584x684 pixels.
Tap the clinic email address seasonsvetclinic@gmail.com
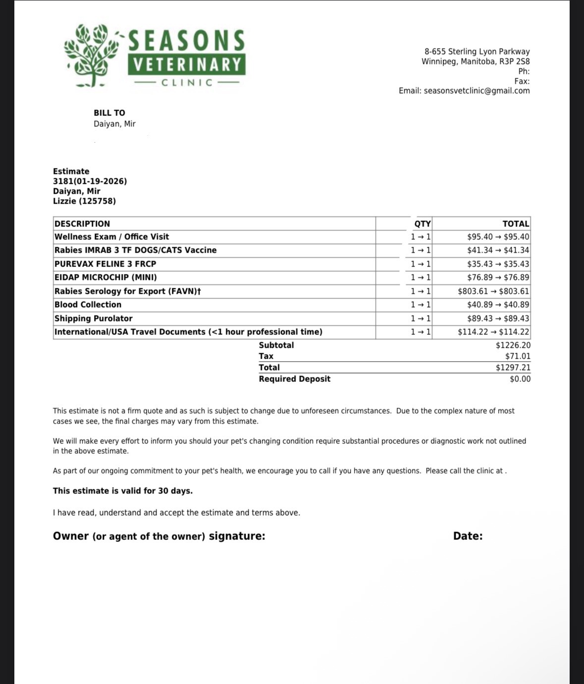tap(477, 91)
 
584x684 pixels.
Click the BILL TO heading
tap(109, 113)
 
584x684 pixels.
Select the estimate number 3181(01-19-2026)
tap(90, 181)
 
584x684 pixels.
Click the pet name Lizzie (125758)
tap(84, 201)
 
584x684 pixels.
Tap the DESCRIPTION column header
tap(82, 224)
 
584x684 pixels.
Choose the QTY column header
tap(422, 224)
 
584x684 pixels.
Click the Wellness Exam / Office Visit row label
tap(111, 237)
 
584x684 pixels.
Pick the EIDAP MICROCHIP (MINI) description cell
tap(106, 277)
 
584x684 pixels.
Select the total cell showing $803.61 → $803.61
tap(493, 291)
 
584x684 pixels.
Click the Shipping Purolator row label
tap(93, 318)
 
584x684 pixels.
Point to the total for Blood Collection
tap(498, 305)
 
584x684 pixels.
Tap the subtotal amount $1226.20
tap(513, 345)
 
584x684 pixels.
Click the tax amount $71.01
tap(518, 356)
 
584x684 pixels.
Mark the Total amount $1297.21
tap(513, 368)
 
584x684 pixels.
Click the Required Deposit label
tap(294, 379)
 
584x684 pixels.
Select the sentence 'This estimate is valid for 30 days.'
tap(123, 491)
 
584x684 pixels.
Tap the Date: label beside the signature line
tap(468, 536)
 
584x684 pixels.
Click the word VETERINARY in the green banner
tap(187, 65)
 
